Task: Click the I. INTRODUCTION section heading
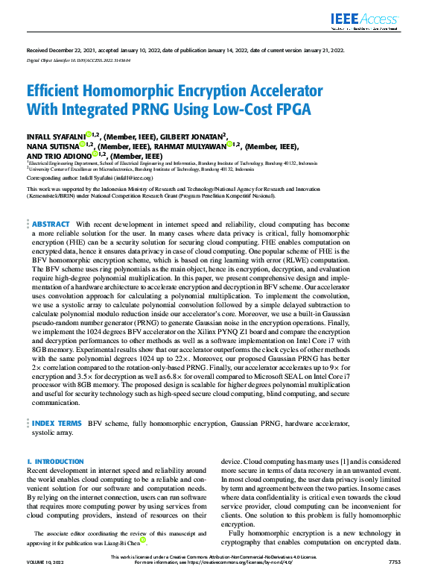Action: [x=55, y=462]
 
